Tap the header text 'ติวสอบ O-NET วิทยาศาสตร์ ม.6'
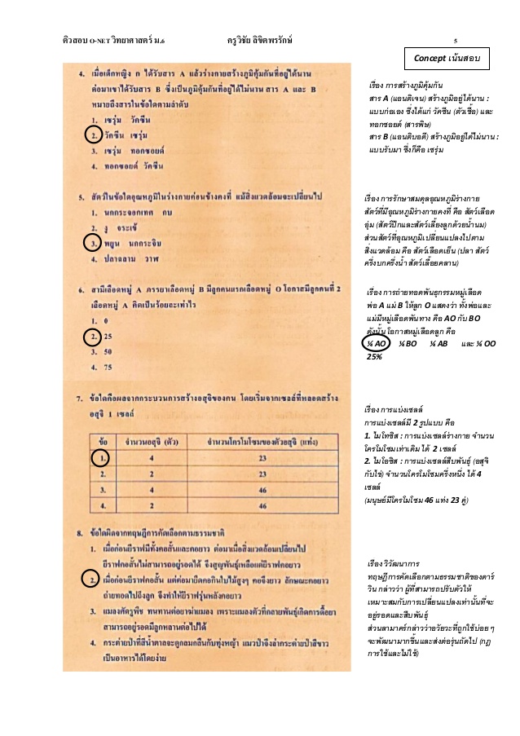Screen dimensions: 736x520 [112, 40]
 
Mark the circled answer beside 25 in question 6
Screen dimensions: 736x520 [95, 336]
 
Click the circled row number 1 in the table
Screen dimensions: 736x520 [104, 459]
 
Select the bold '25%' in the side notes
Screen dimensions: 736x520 [376, 356]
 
